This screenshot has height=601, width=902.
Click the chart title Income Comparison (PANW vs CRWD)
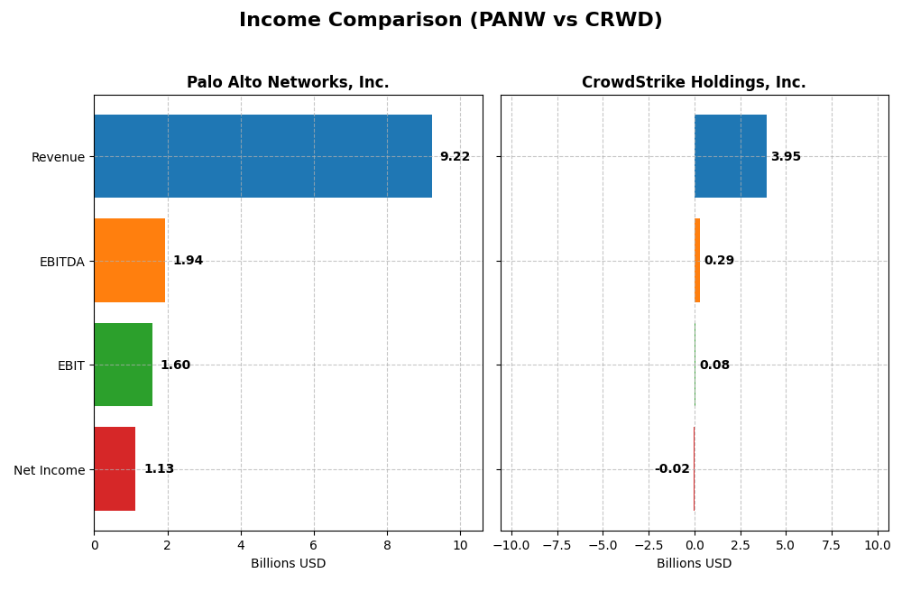(450, 20)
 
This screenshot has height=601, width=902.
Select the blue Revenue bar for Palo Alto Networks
(262, 156)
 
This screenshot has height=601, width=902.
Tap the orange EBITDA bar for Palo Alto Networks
(129, 260)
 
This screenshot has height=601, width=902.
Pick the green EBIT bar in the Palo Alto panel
(123, 365)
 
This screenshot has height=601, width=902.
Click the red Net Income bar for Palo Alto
(115, 468)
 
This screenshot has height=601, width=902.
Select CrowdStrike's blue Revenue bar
(730, 156)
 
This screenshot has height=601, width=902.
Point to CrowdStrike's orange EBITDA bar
(697, 260)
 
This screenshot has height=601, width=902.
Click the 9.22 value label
(455, 157)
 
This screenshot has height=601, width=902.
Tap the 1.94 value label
(188, 261)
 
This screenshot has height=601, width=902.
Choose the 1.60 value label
(175, 365)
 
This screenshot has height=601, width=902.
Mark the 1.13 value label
(159, 469)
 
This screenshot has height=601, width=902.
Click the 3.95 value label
(786, 157)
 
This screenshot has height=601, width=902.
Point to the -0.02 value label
(672, 469)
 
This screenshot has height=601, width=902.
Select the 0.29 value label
(719, 261)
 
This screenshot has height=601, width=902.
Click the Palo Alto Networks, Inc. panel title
(288, 83)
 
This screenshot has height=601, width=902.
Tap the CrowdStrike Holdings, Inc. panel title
(694, 83)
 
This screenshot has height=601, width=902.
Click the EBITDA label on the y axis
(61, 262)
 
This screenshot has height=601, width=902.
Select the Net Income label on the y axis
(49, 470)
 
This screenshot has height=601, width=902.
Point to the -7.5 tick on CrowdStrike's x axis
(557, 545)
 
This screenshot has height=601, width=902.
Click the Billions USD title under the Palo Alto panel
(288, 564)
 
